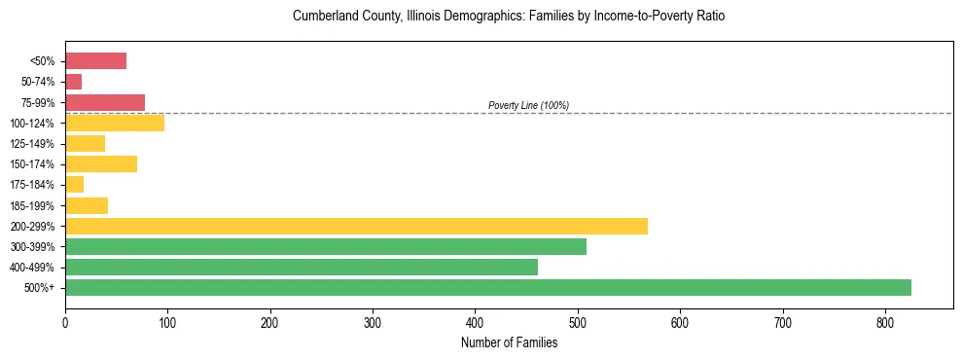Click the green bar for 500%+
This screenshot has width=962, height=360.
[x=487, y=287]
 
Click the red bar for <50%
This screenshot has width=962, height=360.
[x=95, y=61]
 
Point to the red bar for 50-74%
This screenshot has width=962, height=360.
[x=74, y=82]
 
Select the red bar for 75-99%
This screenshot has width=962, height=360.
[x=105, y=102]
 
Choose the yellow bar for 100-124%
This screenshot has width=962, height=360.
[x=115, y=123]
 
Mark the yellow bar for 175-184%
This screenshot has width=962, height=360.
[x=75, y=184]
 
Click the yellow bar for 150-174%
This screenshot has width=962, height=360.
[x=101, y=163]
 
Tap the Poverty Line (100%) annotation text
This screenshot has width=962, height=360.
[x=528, y=105]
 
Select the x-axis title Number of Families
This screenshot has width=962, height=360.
[x=509, y=342]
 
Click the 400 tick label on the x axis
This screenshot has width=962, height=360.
[x=475, y=322]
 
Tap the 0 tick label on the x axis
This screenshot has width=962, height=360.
[x=65, y=322]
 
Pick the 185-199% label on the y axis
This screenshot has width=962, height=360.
[x=32, y=205]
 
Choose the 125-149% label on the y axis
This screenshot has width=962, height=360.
[x=32, y=144]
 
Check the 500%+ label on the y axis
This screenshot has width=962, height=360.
[x=39, y=288]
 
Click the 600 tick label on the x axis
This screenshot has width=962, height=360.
[x=679, y=322]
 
